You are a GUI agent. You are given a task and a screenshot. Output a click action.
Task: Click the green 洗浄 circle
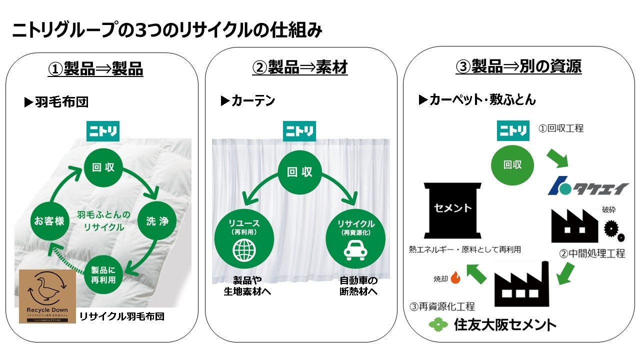click(156, 220)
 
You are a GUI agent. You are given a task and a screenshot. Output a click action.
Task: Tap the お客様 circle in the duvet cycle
click(49, 220)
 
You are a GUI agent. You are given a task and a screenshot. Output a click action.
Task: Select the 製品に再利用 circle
click(103, 274)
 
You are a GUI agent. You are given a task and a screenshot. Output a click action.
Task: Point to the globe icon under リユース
click(244, 249)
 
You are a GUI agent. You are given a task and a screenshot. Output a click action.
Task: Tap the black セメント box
click(452, 209)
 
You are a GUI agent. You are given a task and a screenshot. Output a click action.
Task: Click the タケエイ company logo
click(587, 188)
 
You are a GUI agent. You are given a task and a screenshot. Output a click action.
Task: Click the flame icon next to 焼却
click(455, 277)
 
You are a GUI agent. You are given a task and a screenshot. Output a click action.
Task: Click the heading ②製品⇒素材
click(300, 67)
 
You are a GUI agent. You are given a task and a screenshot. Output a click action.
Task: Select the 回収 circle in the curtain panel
click(300, 172)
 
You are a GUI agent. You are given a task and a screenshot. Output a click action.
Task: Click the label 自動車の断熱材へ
click(358, 285)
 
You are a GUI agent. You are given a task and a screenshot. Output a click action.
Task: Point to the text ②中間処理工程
click(591, 253)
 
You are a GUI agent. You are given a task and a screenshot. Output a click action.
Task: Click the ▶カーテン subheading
click(248, 101)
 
